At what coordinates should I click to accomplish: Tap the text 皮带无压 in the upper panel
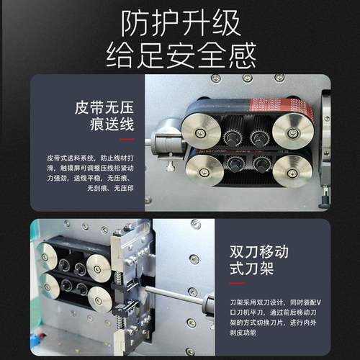105,109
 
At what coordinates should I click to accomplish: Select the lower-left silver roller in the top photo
204,170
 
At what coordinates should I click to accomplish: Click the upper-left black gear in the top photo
233,135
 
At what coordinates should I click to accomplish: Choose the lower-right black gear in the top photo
261,163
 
